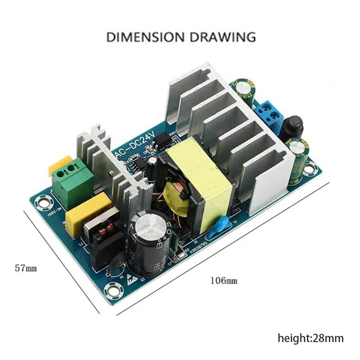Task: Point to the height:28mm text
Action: (x=310, y=337)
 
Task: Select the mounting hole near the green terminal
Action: (x=43, y=203)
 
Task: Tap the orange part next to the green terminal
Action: (x=58, y=164)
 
